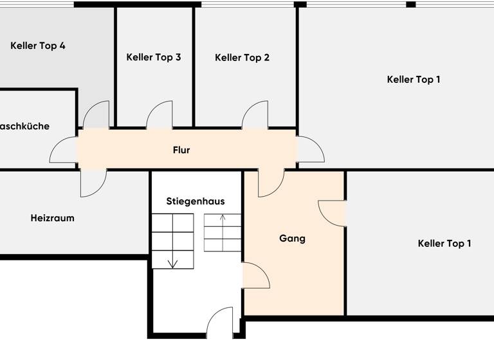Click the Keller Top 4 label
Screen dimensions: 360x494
tap(38, 46)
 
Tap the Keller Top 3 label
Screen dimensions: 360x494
tap(154, 57)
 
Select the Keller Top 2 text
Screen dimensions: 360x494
tap(242, 57)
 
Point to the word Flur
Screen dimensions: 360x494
tap(181, 150)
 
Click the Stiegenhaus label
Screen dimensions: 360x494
tap(196, 201)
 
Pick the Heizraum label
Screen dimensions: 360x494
tap(52, 218)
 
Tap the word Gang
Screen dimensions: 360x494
tap(292, 238)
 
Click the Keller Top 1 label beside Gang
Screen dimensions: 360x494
tap(444, 243)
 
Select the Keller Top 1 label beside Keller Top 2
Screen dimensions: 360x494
tap(414, 79)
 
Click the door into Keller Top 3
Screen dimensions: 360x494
tap(160, 116)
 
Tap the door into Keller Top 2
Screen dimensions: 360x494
tap(255, 116)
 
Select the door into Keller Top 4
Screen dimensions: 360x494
tap(97, 116)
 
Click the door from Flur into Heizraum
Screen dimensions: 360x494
tap(93, 183)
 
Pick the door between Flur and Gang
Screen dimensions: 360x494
tap(270, 183)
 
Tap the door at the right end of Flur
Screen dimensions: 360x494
tap(310, 149)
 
